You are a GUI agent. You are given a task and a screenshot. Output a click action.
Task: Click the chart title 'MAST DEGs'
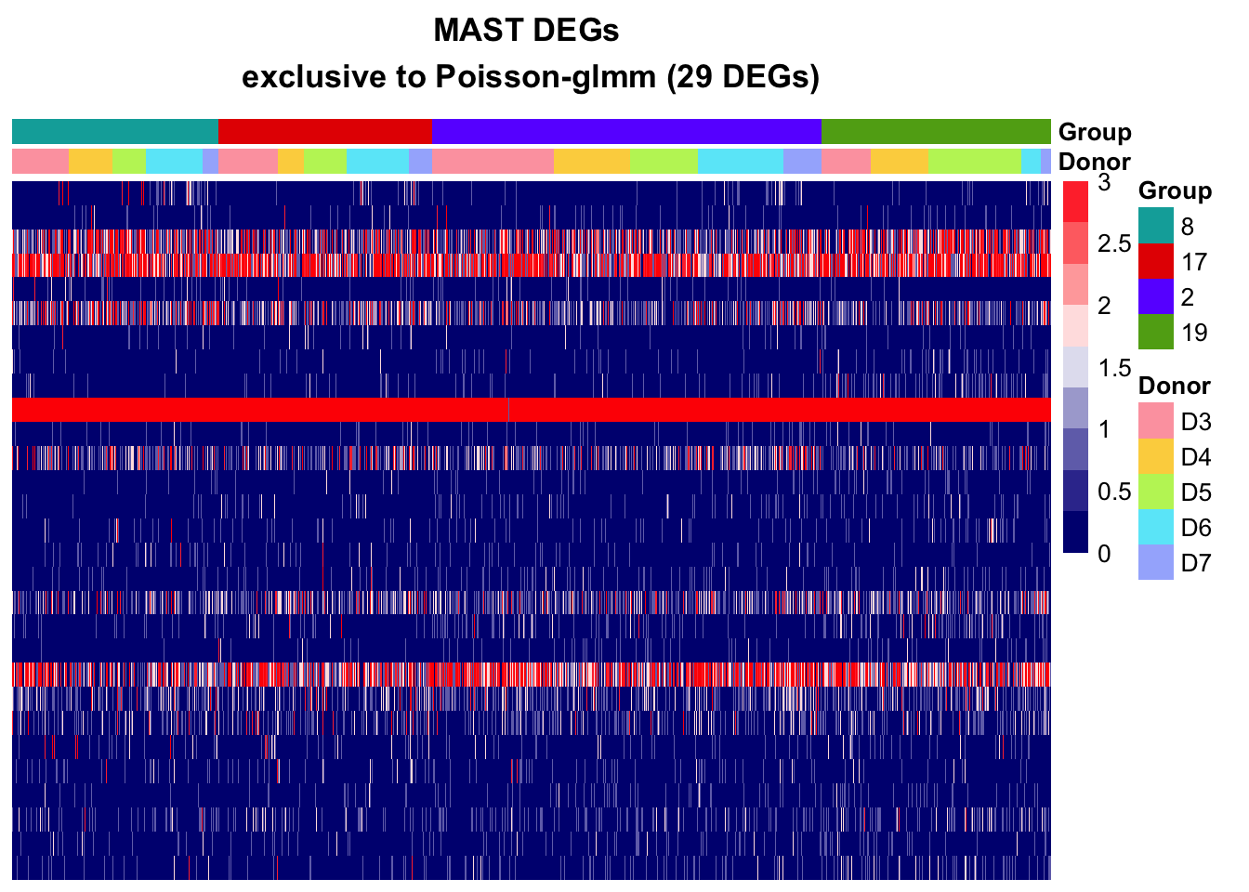tap(526, 31)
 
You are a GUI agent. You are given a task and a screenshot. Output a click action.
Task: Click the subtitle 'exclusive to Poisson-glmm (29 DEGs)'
tap(531, 76)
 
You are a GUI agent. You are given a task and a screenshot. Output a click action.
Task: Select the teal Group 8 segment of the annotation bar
tap(115, 131)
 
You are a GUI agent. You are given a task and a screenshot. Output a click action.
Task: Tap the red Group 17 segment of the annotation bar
tap(325, 131)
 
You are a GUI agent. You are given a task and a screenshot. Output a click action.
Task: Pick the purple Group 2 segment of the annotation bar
tap(626, 131)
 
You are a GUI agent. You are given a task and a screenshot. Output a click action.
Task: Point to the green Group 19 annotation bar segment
tap(936, 131)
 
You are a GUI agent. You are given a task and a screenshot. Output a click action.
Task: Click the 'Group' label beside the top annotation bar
tap(1095, 132)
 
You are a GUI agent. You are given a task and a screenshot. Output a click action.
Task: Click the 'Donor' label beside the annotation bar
tap(1095, 162)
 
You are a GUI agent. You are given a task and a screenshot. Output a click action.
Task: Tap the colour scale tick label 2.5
tap(1114, 244)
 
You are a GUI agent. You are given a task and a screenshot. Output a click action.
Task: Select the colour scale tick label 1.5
tap(1114, 368)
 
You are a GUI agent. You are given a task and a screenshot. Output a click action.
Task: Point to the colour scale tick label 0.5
tap(1114, 492)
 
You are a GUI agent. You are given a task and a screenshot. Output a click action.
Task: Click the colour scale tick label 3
tap(1104, 183)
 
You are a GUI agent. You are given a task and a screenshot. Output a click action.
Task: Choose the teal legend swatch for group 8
tap(1156, 226)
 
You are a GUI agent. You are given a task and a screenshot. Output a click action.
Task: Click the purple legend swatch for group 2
tap(1156, 296)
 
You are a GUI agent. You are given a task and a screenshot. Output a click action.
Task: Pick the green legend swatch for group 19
tap(1156, 332)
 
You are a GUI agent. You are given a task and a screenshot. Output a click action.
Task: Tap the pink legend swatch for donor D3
tap(1156, 421)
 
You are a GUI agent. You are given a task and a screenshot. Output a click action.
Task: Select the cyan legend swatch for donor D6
tap(1156, 527)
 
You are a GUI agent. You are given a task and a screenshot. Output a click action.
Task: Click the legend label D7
tap(1196, 563)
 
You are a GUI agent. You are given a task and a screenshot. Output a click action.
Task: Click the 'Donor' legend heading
tap(1175, 386)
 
